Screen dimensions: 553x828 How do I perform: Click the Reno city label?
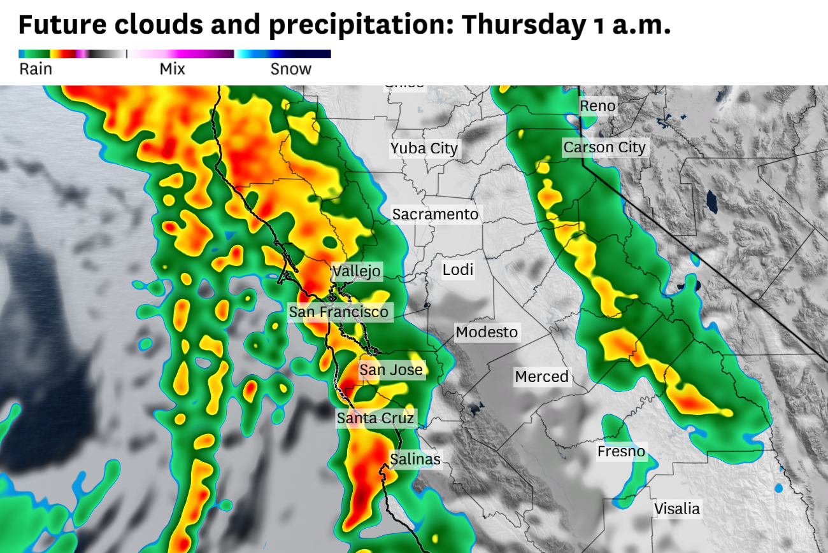pyautogui.click(x=597, y=106)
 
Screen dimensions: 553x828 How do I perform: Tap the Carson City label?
pyautogui.click(x=604, y=148)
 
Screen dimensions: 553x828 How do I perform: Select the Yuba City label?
pyautogui.click(x=424, y=149)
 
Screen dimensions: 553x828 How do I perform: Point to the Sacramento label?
pyautogui.click(x=435, y=214)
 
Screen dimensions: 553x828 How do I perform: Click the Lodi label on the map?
pyautogui.click(x=458, y=270)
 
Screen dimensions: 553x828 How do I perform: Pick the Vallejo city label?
pyautogui.click(x=357, y=271)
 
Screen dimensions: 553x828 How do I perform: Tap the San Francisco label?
pyautogui.click(x=338, y=312)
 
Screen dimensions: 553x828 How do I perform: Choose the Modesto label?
pyautogui.click(x=487, y=332)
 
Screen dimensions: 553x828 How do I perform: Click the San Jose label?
pyautogui.click(x=391, y=370)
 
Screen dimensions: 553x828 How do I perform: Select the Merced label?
pyautogui.click(x=541, y=376)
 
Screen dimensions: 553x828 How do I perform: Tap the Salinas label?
pyautogui.click(x=415, y=459)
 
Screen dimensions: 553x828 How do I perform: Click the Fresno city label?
pyautogui.click(x=621, y=452)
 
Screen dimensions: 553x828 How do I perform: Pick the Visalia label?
pyautogui.click(x=677, y=508)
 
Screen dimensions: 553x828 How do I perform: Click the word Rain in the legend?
pyautogui.click(x=36, y=69)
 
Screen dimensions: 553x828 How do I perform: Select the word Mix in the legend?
pyautogui.click(x=172, y=69)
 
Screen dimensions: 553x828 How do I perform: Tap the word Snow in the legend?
pyautogui.click(x=291, y=69)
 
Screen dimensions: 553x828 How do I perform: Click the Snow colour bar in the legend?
pyautogui.click(x=283, y=54)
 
